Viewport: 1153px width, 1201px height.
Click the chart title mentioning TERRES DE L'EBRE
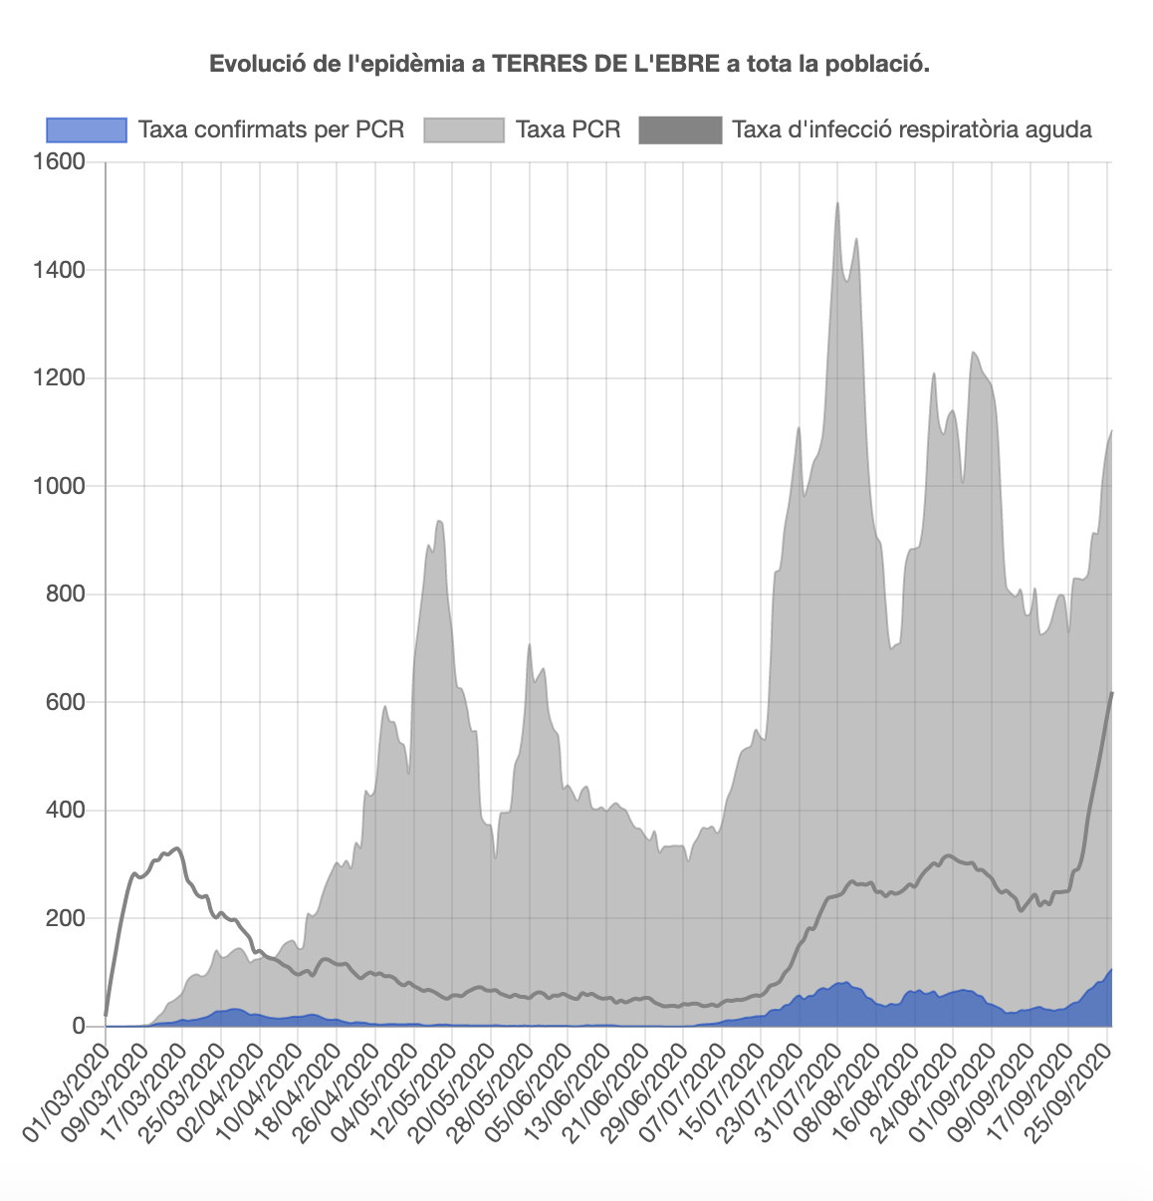[569, 65]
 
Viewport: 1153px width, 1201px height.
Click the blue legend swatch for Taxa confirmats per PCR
[87, 129]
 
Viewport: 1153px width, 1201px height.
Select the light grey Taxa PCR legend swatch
[464, 129]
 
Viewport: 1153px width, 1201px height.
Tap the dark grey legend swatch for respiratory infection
[680, 129]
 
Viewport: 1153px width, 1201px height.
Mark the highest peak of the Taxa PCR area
[837, 203]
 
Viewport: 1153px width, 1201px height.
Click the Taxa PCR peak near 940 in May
[439, 521]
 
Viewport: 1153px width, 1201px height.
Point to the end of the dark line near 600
[1111, 693]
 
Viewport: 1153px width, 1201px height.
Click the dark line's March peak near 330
[177, 848]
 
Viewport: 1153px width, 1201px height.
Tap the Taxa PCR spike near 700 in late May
[530, 645]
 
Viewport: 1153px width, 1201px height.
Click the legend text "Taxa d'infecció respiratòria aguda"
[912, 129]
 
